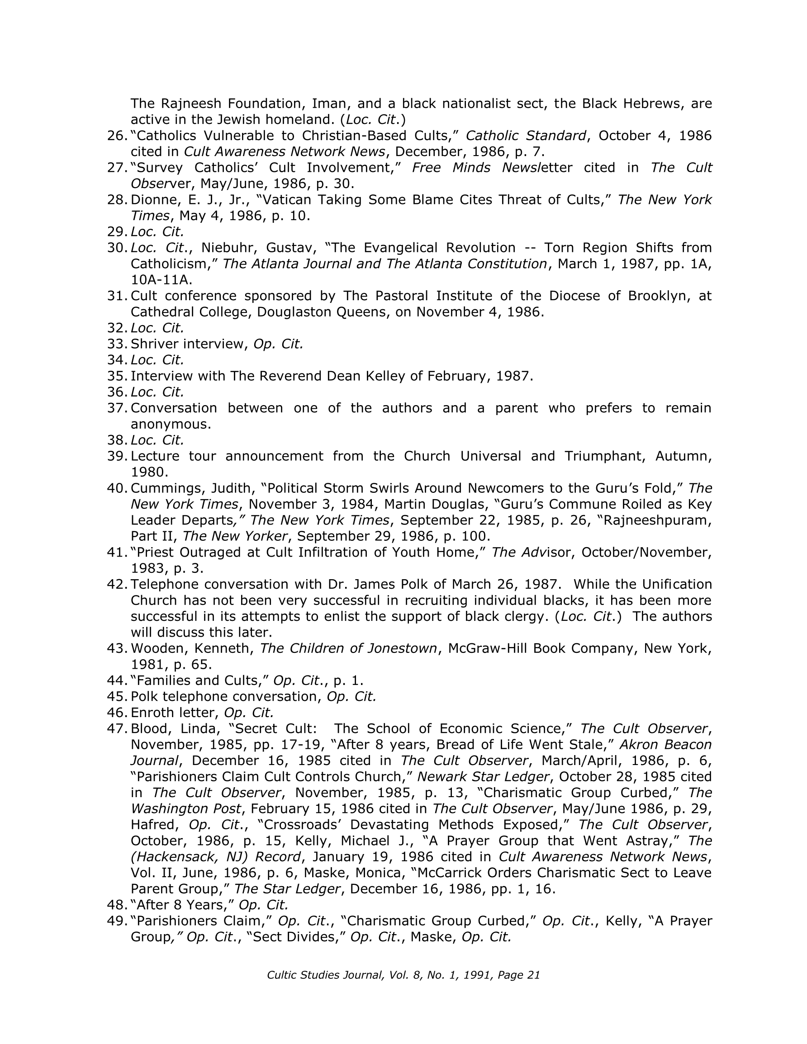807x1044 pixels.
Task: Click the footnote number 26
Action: pos(116,136)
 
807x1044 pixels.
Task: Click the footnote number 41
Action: pos(116,553)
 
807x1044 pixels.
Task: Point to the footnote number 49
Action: pos(116,921)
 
